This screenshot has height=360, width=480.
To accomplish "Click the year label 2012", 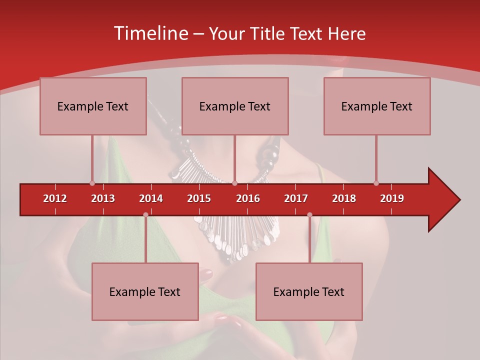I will [x=55, y=198].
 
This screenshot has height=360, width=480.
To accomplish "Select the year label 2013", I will [x=103, y=198].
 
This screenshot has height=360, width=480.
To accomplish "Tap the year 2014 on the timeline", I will [x=151, y=198].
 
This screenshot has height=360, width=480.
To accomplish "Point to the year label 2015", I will [x=199, y=198].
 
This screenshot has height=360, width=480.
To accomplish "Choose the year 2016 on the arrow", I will [x=248, y=198].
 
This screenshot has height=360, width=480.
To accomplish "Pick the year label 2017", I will [x=296, y=198].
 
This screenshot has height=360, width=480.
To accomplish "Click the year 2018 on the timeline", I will [x=344, y=198].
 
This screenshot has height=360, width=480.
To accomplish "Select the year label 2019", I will [x=392, y=198].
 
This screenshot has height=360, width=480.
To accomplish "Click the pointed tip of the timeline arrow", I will [x=458, y=200].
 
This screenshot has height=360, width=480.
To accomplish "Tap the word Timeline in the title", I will [x=150, y=33].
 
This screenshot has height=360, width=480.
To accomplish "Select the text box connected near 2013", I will [x=93, y=106].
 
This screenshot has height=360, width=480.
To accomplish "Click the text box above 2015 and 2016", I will [x=235, y=106].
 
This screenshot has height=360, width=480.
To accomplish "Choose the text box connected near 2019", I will [x=377, y=106].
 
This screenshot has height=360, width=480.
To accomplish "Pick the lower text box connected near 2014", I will [x=145, y=291].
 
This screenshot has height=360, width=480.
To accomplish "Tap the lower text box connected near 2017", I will [x=309, y=291].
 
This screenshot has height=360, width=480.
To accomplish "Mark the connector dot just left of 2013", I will [x=92, y=183].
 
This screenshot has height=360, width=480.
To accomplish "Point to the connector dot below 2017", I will [x=309, y=215].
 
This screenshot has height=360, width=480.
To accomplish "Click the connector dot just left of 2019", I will [x=376, y=183].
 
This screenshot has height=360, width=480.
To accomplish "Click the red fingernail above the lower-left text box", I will [x=206, y=274].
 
